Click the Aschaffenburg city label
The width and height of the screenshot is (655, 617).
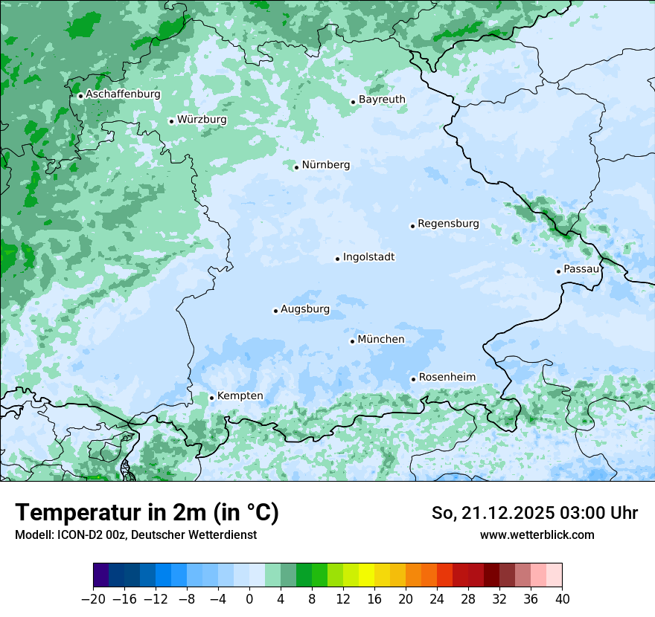tap(123, 94)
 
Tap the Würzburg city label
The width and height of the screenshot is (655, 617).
tap(202, 120)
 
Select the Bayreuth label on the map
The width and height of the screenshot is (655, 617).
tap(382, 100)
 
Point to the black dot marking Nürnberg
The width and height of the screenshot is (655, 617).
tap(296, 167)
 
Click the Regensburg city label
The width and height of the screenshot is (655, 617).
tap(448, 224)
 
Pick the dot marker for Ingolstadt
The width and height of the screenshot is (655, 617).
tap(337, 259)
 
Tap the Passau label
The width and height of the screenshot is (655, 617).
tap(581, 269)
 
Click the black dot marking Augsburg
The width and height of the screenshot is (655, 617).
tap(275, 311)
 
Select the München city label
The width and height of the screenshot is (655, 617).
tap(381, 340)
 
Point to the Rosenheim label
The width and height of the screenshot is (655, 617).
tap(447, 378)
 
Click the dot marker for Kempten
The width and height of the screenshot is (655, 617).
tap(211, 398)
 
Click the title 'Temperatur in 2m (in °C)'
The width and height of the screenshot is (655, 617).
tap(147, 513)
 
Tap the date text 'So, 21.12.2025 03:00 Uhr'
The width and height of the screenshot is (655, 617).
tap(534, 513)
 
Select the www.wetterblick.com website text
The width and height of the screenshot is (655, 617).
tap(537, 534)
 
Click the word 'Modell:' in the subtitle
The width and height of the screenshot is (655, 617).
tap(33, 534)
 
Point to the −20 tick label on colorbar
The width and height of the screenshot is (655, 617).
tap(93, 599)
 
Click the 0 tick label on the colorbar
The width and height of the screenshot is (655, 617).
tap(249, 599)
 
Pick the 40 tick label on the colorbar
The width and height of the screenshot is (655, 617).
tap(562, 599)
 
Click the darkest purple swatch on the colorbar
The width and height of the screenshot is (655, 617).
tap(101, 575)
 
